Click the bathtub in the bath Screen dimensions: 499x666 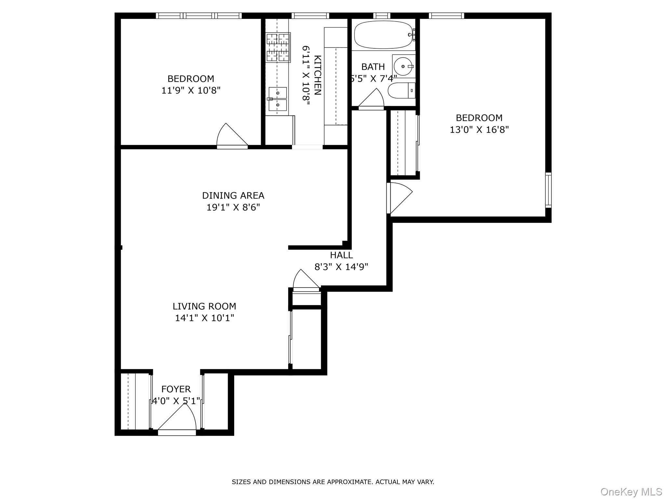[x=382, y=35]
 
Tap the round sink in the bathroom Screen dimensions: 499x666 [x=403, y=66]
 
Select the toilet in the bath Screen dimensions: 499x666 [x=401, y=90]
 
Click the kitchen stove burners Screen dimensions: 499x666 [x=278, y=47]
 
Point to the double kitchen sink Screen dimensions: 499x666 [x=277, y=99]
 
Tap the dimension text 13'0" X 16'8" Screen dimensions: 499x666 [x=479, y=130]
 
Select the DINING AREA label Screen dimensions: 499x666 [x=233, y=196]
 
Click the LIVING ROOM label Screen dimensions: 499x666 [x=204, y=306]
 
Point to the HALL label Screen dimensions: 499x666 [x=341, y=255]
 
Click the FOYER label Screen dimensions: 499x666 [x=176, y=389]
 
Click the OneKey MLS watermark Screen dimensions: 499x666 [x=631, y=492]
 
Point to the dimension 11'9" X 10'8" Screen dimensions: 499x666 [x=191, y=90]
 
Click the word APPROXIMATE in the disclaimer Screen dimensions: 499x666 [x=349, y=482]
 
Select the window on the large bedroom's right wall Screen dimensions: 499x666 [x=548, y=190]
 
